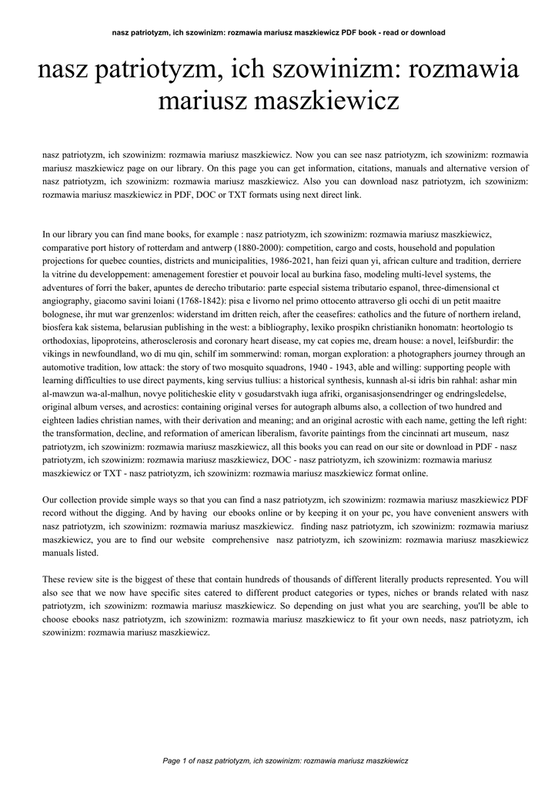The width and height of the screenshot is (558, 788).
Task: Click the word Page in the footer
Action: [172, 762]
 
